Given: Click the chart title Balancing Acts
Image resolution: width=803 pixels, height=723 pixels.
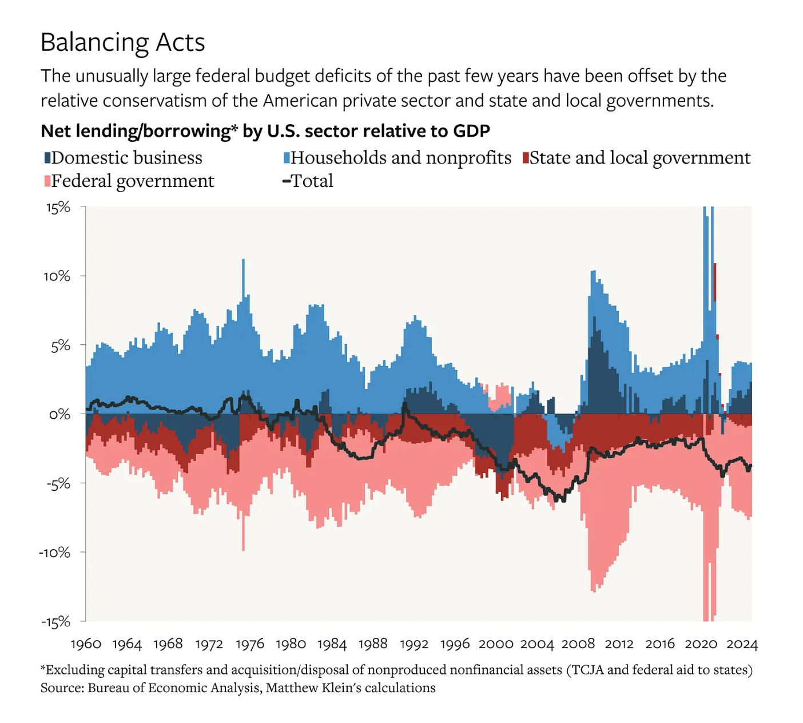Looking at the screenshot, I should point(122,43).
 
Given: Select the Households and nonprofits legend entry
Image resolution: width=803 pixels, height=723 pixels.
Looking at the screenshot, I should point(397,158).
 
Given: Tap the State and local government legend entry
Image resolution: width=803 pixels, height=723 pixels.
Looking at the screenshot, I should point(636,158).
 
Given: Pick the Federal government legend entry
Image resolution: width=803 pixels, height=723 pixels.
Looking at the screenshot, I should point(129,181).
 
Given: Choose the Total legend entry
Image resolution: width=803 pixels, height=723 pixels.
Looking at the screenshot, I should point(308,181).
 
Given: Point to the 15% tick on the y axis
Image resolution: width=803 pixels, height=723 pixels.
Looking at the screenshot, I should point(58,207).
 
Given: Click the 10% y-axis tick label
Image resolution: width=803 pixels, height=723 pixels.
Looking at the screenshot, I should point(57,276).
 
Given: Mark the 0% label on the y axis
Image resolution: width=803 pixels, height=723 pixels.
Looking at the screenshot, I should point(59,414).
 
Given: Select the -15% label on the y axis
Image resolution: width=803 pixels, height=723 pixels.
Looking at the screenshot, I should point(55,622).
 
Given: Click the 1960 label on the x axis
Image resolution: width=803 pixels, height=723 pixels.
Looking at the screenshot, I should point(86,644).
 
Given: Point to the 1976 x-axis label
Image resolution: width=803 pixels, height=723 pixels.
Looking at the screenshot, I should point(250,644).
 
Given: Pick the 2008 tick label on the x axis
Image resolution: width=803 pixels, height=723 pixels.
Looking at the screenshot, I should point(578,644).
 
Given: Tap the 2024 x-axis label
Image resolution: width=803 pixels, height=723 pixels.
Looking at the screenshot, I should point(742,644).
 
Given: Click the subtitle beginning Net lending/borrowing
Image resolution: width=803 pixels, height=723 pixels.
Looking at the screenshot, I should point(265,131).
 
